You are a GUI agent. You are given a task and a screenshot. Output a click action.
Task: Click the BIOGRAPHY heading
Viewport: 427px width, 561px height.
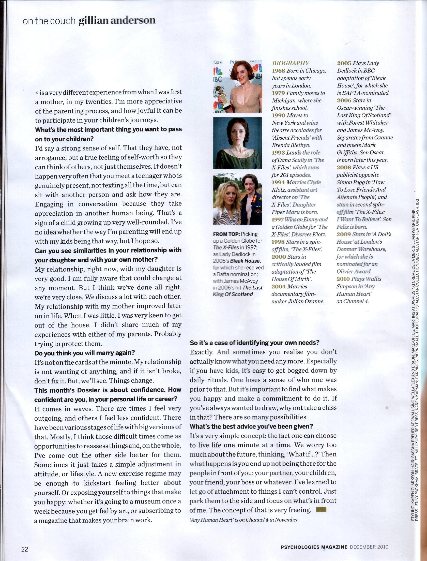click(291, 63)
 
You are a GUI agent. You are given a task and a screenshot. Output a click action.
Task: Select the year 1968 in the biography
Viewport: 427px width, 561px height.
click(278, 71)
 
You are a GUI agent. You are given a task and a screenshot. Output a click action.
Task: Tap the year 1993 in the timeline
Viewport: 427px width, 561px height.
click(278, 153)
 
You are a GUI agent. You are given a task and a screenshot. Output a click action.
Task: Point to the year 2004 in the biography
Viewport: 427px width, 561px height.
click(278, 287)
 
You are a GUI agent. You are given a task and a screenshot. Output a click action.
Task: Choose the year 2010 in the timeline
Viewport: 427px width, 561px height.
click(343, 279)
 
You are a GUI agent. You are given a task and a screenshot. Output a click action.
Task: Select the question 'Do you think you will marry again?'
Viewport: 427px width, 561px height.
click(85, 353)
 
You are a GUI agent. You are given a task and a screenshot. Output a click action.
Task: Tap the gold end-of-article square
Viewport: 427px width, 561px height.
click(321, 510)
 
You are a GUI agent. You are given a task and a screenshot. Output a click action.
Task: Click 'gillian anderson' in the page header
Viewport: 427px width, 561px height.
click(117, 20)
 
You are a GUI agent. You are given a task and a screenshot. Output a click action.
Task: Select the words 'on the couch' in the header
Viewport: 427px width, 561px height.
click(49, 21)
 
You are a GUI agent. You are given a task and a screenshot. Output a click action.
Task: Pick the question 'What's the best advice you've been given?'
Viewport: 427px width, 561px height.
click(251, 426)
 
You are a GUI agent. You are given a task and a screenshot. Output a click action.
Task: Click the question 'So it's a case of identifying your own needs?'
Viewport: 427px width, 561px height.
click(254, 343)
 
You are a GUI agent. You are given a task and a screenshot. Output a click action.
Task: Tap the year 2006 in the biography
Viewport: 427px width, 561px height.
click(344, 100)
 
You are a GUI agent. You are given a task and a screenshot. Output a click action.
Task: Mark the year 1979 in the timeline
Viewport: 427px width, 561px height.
click(278, 93)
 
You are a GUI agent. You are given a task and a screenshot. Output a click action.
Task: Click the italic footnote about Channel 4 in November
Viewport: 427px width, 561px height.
click(244, 520)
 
